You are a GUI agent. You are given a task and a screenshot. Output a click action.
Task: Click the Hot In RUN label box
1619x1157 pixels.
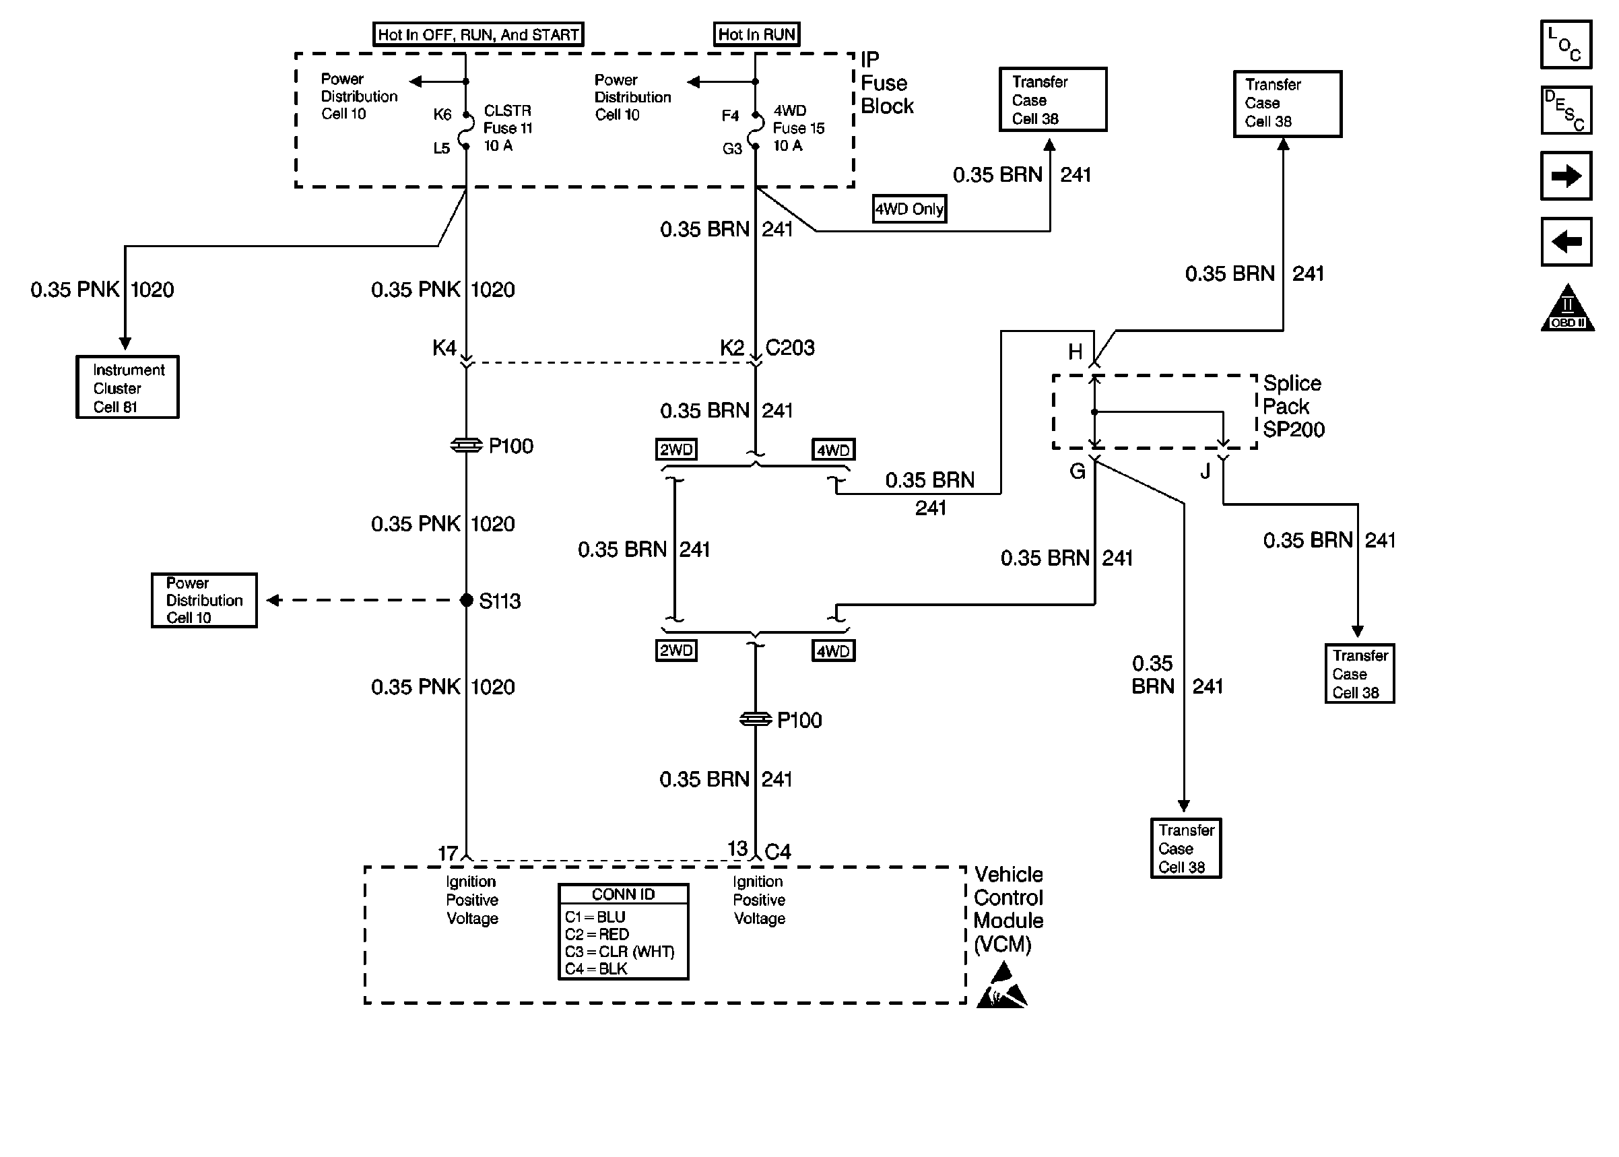(756, 34)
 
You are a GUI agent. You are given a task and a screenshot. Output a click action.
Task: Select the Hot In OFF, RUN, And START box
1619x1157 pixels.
(478, 34)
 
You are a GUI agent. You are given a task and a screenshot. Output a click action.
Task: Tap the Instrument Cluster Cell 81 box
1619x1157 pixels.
(127, 387)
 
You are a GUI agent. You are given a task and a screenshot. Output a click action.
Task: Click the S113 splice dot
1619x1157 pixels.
(467, 601)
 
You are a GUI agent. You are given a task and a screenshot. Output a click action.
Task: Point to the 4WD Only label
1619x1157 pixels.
(910, 209)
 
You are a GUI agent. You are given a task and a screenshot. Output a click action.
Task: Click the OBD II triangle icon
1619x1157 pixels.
(1567, 309)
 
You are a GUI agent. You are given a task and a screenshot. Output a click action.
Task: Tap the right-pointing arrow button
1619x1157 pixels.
(1566, 176)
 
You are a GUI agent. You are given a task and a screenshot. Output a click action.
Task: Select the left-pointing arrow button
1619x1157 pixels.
(1566, 242)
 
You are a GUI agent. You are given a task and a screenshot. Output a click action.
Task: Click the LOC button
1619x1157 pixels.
(1566, 45)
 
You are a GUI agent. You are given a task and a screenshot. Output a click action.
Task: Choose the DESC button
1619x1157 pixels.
(1566, 110)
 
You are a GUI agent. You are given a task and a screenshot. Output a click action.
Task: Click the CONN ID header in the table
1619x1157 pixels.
(623, 895)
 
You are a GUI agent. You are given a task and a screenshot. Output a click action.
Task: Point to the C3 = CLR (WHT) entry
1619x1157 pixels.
(619, 952)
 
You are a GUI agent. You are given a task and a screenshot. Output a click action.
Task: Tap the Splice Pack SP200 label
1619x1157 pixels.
(1293, 407)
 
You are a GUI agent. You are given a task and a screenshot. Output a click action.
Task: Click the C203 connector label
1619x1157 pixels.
(789, 348)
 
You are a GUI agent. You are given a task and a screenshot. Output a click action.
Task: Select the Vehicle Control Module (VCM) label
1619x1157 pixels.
(1008, 909)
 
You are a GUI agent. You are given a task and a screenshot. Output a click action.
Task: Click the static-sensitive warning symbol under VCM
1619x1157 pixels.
(1001, 987)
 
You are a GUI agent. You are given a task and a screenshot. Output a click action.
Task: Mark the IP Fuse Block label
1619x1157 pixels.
(886, 84)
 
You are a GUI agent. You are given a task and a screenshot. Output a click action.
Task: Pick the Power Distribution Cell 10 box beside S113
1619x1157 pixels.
(205, 601)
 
